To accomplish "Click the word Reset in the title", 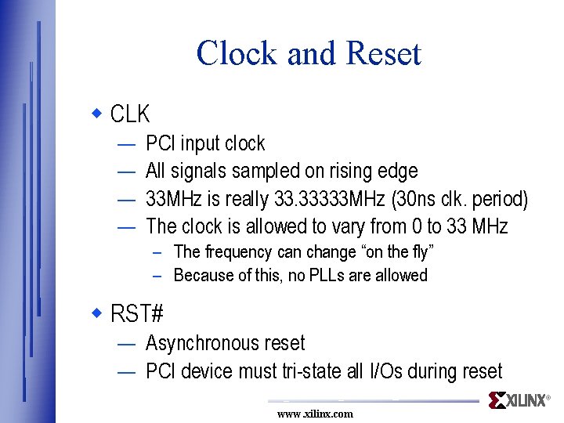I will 383,53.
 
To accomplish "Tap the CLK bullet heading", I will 130,114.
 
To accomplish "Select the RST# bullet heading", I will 137,314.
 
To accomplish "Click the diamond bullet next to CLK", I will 97,114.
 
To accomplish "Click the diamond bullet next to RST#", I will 97,313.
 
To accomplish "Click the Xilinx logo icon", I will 497,400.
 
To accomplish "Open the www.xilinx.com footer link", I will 315,414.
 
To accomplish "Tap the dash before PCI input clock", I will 125,143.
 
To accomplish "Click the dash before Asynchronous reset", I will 125,343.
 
